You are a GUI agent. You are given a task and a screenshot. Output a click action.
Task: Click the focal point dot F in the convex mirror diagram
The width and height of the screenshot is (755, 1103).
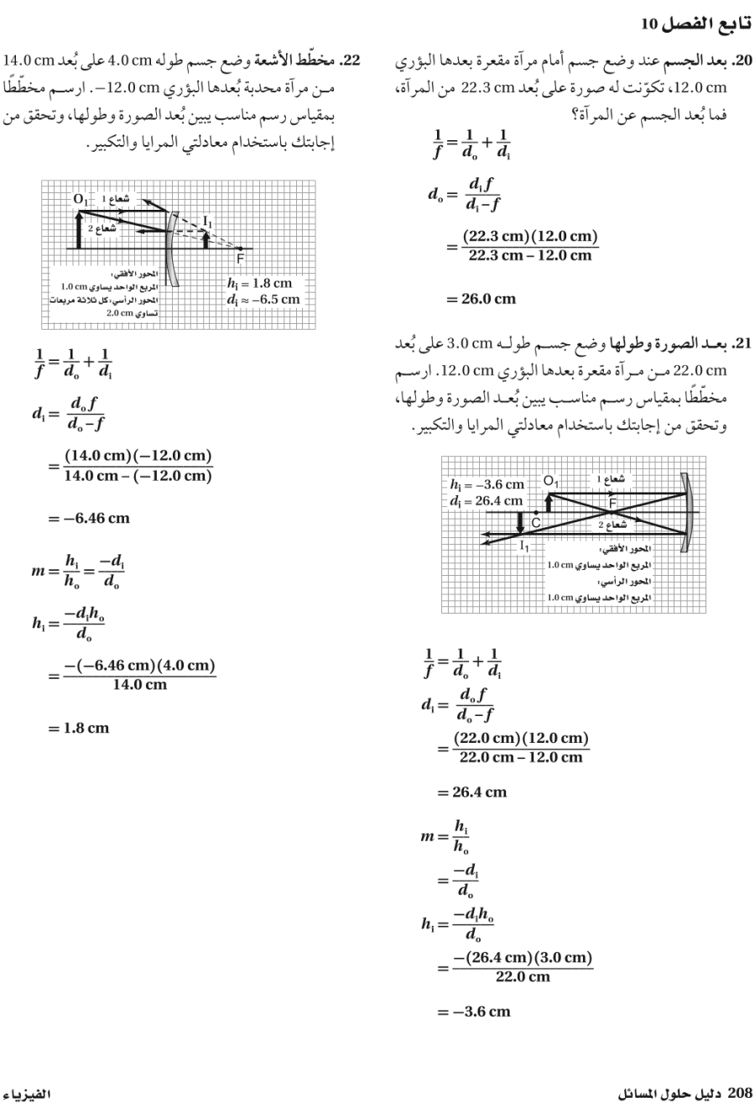[241, 248]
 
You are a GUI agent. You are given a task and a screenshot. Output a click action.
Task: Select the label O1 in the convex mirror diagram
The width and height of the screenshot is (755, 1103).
[81, 200]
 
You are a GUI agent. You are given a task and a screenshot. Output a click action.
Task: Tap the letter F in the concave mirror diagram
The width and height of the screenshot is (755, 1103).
[612, 502]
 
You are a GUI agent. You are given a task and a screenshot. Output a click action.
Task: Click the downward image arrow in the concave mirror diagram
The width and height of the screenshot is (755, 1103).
[520, 522]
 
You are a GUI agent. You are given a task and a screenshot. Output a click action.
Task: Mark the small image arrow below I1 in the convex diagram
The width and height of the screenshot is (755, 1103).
[206, 238]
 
